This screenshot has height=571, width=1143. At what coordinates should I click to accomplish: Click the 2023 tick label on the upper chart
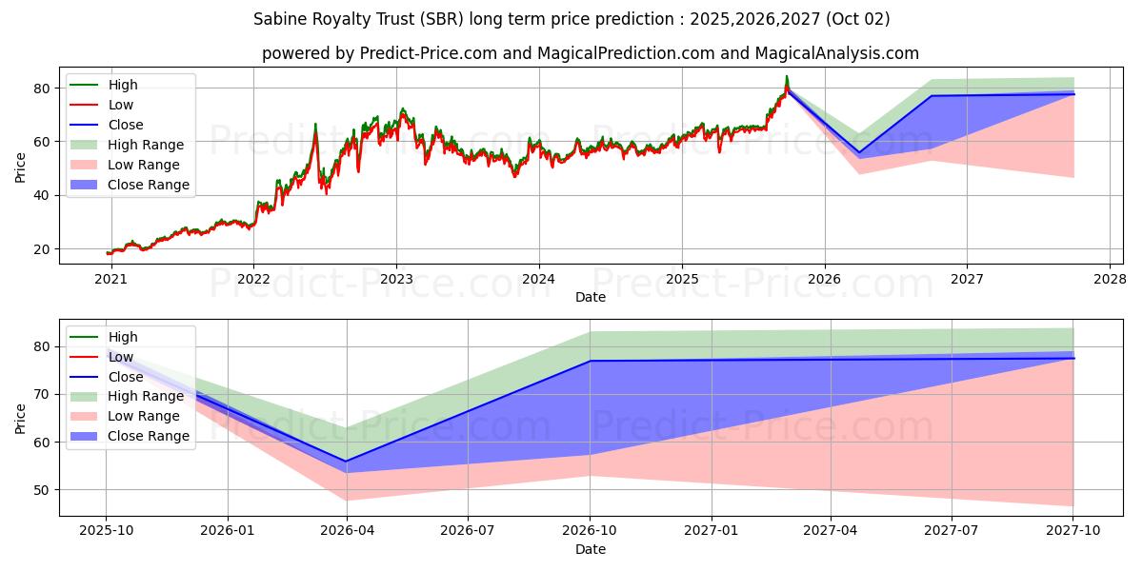[x=396, y=279]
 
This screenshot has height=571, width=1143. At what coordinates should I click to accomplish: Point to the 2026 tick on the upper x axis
[x=824, y=279]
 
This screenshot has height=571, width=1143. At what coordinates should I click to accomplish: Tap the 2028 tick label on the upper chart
[x=1110, y=279]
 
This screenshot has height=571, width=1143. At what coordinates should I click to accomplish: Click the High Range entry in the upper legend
[x=146, y=145]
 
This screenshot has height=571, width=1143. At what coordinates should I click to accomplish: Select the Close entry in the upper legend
[x=126, y=125]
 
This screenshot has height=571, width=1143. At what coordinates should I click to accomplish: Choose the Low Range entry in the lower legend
[x=144, y=416]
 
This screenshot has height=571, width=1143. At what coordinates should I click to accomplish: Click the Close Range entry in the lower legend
[x=149, y=436]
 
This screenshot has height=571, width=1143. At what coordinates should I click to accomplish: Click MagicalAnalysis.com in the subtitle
[x=837, y=53]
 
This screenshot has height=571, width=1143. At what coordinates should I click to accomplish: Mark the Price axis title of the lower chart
[x=21, y=417]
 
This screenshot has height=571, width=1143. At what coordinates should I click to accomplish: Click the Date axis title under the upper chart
[x=591, y=297]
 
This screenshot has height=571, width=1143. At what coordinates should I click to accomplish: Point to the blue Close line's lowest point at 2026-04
[x=347, y=462]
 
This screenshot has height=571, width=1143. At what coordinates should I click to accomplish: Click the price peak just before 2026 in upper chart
[x=786, y=77]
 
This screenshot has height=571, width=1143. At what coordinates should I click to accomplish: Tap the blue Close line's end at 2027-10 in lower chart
[x=1073, y=358]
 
